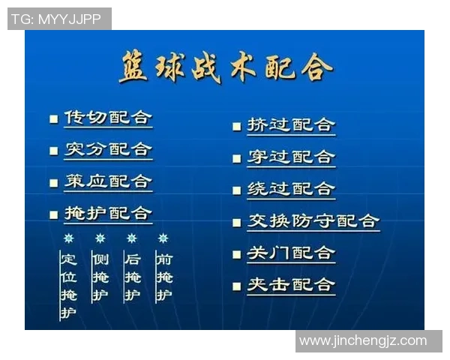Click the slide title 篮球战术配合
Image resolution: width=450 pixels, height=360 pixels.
(x=225, y=68)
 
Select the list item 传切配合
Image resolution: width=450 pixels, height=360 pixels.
(x=108, y=118)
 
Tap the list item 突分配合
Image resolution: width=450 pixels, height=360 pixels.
(x=108, y=149)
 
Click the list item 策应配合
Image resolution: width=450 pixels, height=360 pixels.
(x=108, y=181)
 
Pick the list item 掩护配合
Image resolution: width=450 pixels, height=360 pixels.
(x=108, y=213)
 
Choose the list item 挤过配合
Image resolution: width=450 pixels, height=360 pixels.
(x=291, y=125)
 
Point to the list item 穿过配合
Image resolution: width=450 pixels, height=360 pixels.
(x=291, y=157)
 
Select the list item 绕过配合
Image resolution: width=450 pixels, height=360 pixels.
(x=291, y=189)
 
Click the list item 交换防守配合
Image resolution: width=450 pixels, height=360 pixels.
(x=313, y=221)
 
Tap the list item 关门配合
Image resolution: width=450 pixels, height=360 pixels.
(x=291, y=253)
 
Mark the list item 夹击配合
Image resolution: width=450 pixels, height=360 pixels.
(x=291, y=285)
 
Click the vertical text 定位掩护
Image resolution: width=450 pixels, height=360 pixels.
(x=68, y=286)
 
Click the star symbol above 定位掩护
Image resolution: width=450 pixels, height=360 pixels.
(x=68, y=238)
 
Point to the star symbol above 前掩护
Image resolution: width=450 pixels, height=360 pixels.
(x=163, y=238)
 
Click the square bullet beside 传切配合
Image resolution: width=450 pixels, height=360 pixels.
(x=53, y=118)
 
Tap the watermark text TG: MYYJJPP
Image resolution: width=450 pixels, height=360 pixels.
(x=59, y=19)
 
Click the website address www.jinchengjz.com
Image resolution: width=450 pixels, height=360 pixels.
(x=362, y=341)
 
